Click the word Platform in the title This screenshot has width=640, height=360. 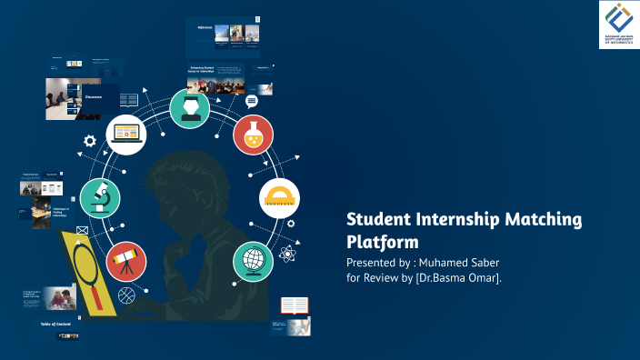pyautogui.click(x=383, y=243)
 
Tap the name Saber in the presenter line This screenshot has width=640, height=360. pyautogui.click(x=481, y=262)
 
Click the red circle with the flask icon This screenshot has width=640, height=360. pyautogui.click(x=252, y=135)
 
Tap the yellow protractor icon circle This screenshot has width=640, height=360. pyautogui.click(x=279, y=197)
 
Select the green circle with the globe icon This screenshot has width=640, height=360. pyautogui.click(x=252, y=261)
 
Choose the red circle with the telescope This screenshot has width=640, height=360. pyautogui.click(x=125, y=261)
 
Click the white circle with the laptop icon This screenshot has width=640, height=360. pyautogui.click(x=125, y=135)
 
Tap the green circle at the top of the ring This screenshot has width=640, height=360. pyautogui.click(x=189, y=108)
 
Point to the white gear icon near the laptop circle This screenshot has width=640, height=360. pyautogui.click(x=89, y=141)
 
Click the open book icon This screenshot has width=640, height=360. pyautogui.click(x=295, y=306)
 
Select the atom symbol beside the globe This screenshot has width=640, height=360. pyautogui.click(x=288, y=255)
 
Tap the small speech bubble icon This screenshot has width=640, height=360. pyautogui.click(x=251, y=101)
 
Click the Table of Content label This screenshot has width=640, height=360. pyautogui.click(x=55, y=324)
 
